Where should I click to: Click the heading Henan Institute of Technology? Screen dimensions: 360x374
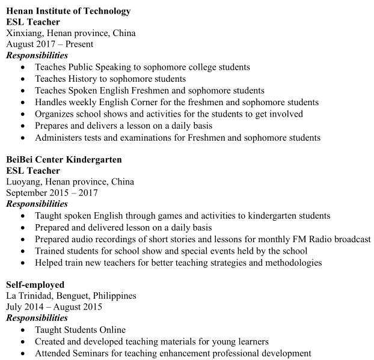68,11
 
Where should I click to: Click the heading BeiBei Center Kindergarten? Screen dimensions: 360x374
64,160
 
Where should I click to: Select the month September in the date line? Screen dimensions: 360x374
27,193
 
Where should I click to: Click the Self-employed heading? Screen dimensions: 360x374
35,284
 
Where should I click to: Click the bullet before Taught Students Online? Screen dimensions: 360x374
22,330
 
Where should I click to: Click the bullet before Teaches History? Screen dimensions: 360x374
22,79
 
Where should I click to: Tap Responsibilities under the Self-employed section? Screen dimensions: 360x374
37,318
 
